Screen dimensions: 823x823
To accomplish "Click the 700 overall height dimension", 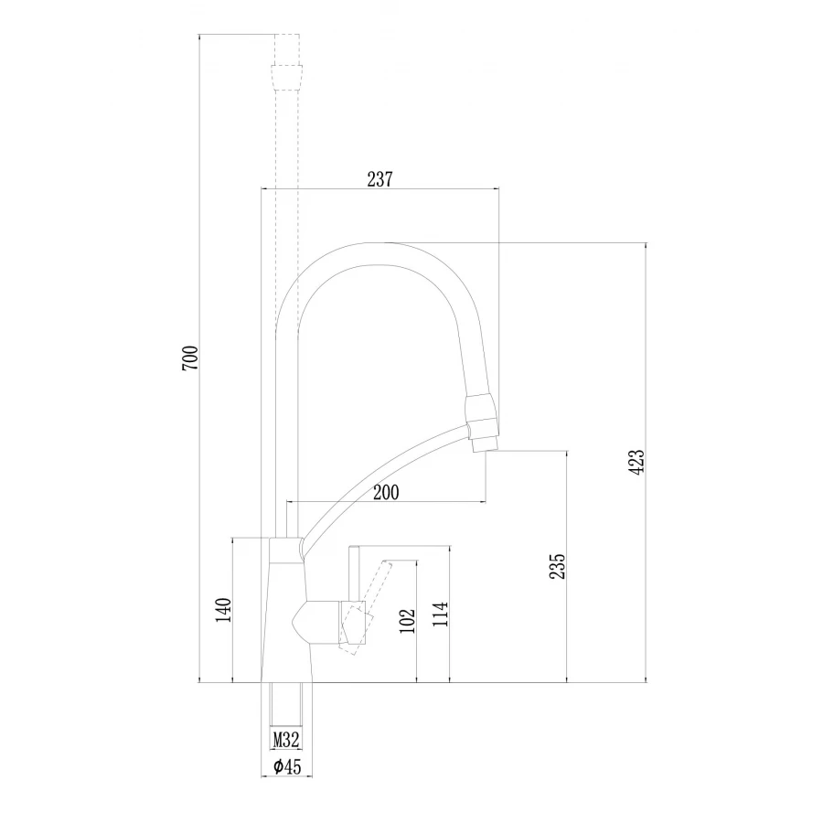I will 190,358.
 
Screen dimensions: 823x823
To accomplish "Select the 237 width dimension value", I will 379,179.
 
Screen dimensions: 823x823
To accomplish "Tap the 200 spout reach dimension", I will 386,492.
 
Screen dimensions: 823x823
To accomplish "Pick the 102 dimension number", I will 408,619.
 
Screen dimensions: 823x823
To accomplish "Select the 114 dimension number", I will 440,614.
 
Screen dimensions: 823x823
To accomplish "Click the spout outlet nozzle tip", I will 484,444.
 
